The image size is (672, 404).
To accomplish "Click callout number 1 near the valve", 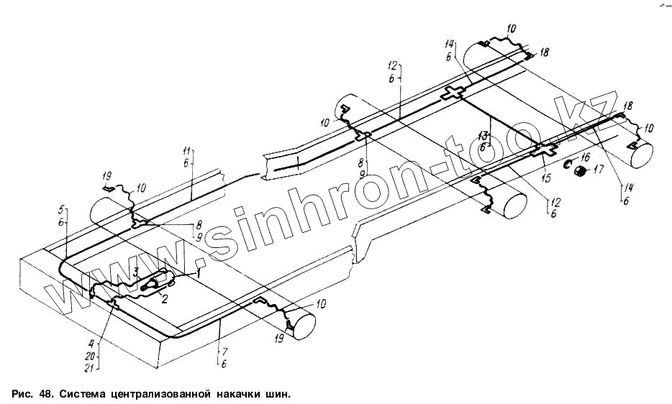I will click(x=199, y=272).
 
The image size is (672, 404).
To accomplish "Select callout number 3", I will click(x=135, y=272).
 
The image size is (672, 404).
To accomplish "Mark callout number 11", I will click(x=186, y=151).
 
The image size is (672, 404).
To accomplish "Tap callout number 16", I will click(x=586, y=157).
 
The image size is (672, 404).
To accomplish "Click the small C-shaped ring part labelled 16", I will click(x=567, y=164).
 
